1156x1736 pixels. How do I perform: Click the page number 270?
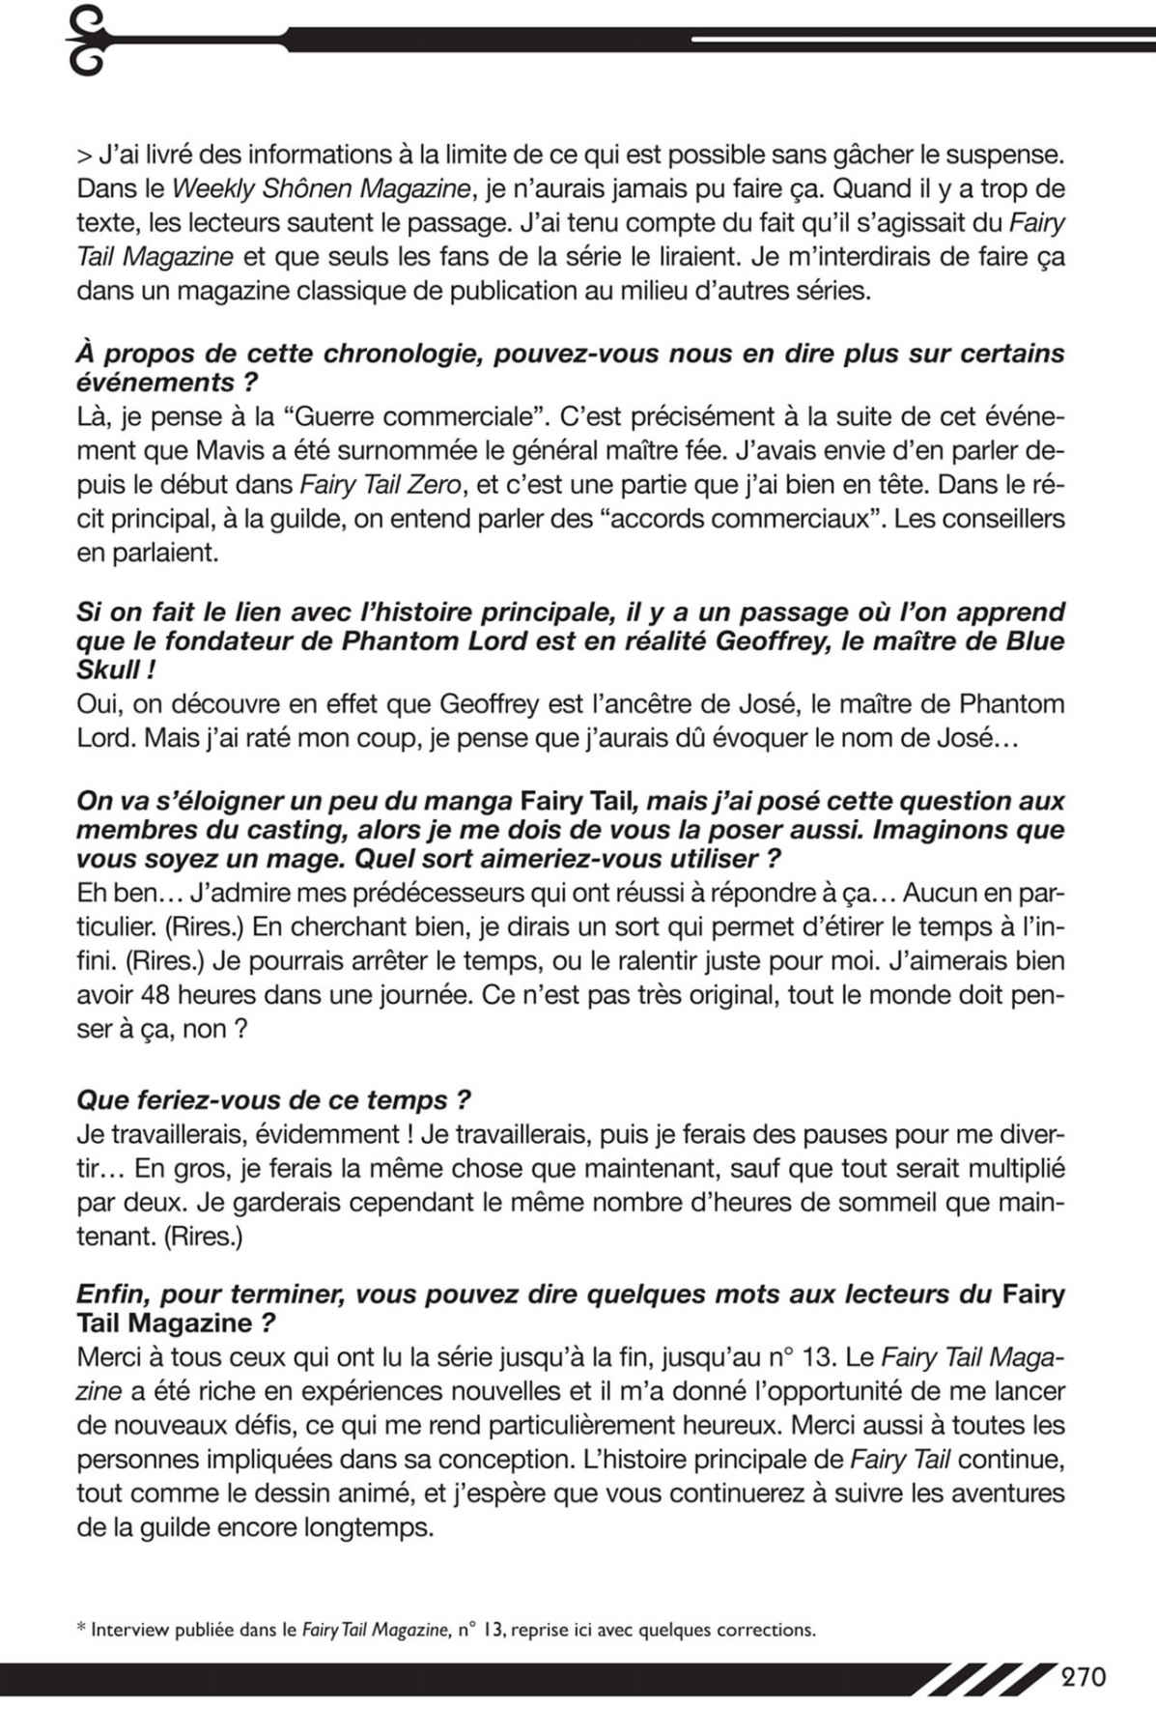point(1084,1676)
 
